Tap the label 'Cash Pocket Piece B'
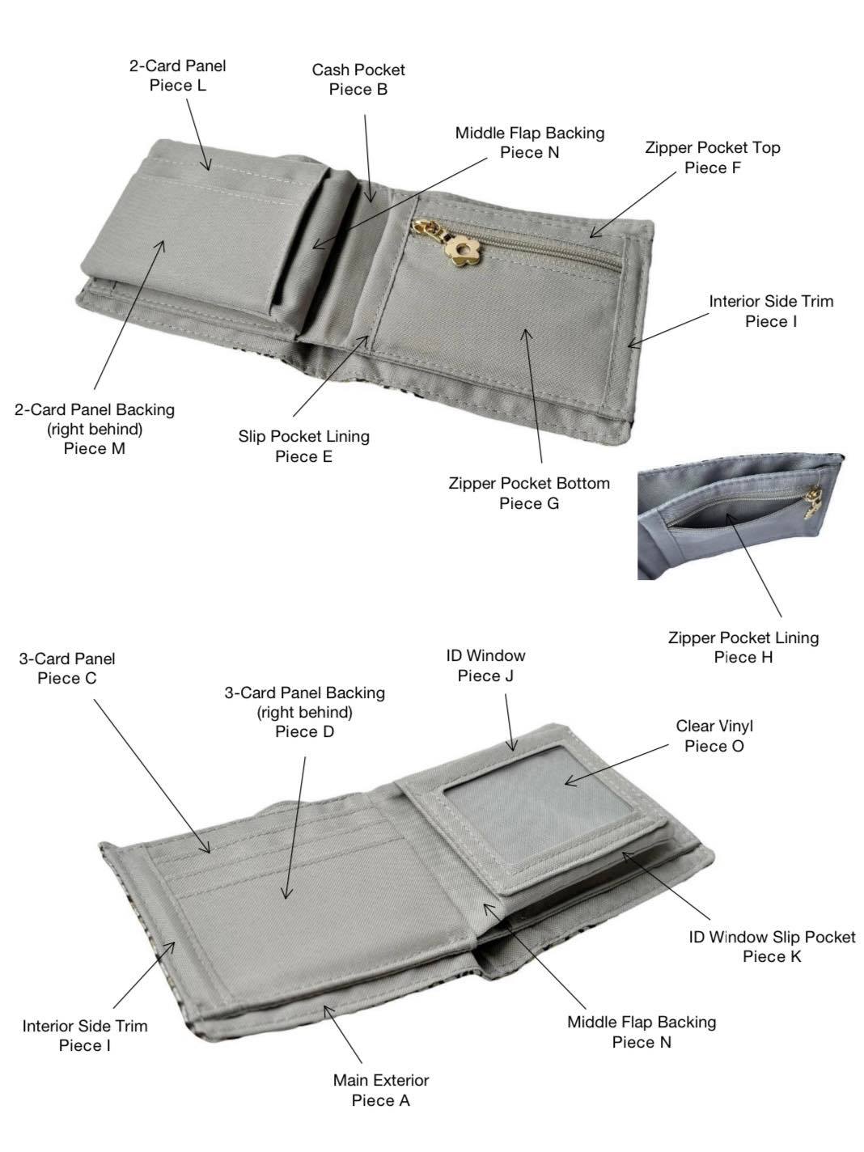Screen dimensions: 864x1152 (x=358, y=79)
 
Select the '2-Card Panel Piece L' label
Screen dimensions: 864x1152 (x=178, y=75)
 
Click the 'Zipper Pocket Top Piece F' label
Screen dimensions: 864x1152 (x=713, y=158)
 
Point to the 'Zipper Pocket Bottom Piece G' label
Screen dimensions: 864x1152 (x=529, y=493)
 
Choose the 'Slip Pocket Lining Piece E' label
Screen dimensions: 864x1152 (x=303, y=446)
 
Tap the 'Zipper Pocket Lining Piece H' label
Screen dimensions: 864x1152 (x=743, y=647)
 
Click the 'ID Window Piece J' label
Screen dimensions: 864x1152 (x=485, y=665)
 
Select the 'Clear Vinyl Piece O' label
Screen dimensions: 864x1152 (x=714, y=736)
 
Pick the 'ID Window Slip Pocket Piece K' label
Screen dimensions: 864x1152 (x=772, y=947)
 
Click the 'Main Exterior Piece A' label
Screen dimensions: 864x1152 (x=381, y=1090)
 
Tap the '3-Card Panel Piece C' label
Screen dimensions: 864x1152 (x=67, y=668)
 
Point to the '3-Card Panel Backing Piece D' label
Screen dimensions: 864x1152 (x=305, y=712)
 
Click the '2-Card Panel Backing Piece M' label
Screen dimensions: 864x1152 (x=95, y=429)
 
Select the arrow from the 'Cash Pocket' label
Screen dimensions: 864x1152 (x=368, y=159)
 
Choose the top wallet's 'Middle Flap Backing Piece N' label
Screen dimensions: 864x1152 (x=529, y=142)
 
